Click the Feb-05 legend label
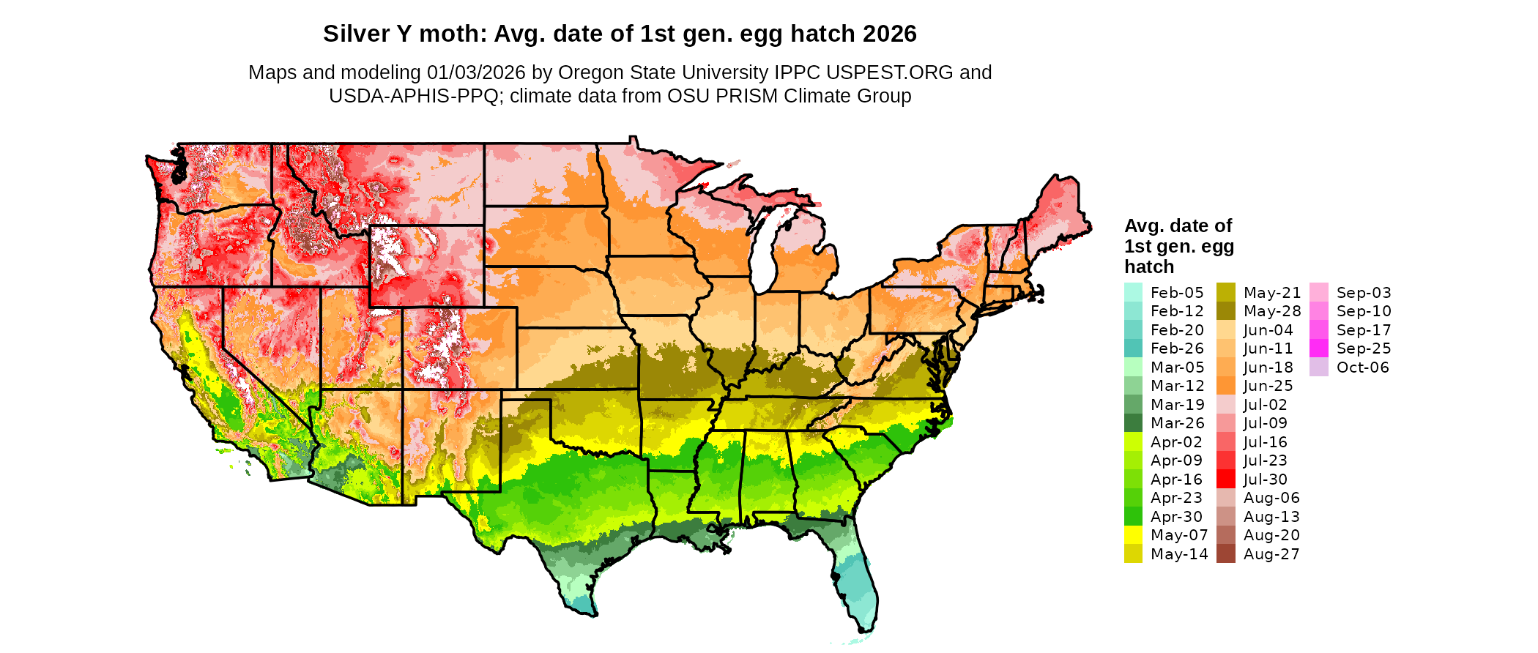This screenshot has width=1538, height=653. [1176, 293]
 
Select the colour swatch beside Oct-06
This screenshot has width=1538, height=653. [1318, 367]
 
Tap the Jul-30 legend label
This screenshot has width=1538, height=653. [1265, 480]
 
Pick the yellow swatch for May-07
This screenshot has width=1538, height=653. [1133, 535]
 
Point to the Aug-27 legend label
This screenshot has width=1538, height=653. [1271, 554]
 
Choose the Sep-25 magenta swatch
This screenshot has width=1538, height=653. [1318, 348]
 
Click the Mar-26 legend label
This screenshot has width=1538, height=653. [1177, 423]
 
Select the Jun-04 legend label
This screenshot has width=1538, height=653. [1268, 330]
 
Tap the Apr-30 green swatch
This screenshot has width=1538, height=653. [1133, 517]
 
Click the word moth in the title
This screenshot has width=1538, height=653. [450, 34]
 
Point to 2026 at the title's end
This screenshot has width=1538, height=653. [889, 34]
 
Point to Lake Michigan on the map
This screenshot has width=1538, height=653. [763, 249]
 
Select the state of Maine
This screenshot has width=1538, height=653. [1055, 212]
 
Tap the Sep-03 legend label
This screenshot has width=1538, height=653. [1363, 293]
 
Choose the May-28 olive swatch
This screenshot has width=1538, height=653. [1225, 311]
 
